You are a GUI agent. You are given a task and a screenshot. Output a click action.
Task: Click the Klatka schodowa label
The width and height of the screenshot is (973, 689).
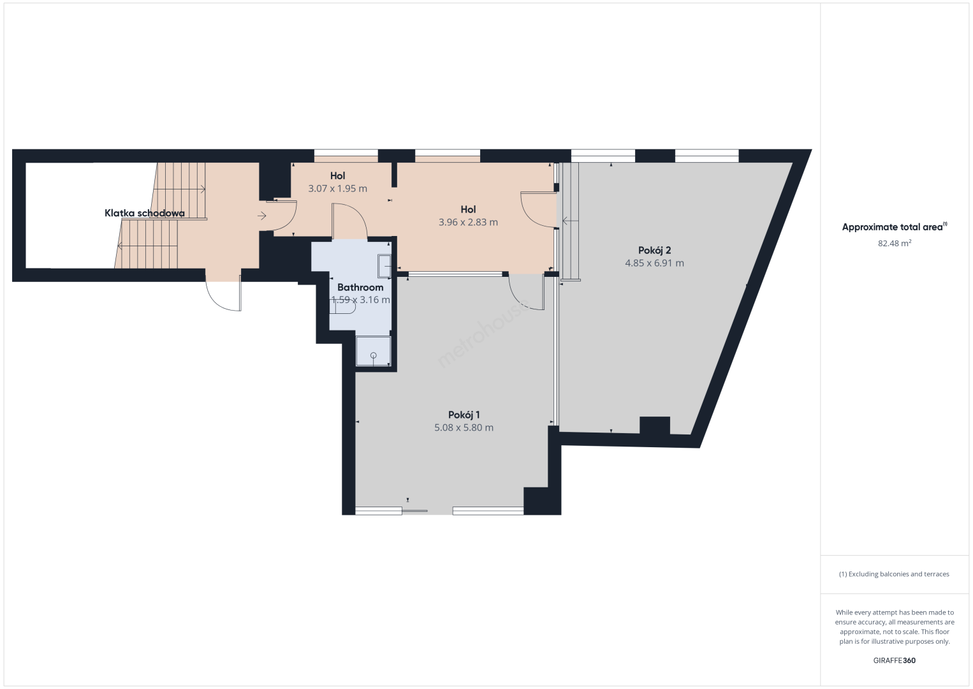[x=145, y=213]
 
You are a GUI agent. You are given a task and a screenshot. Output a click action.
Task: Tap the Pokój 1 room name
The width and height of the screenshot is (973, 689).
[x=464, y=415]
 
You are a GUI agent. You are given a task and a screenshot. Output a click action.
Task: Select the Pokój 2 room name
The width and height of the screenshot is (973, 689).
[x=655, y=250]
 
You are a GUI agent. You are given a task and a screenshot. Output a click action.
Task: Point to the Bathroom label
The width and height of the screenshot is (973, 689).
[x=360, y=287]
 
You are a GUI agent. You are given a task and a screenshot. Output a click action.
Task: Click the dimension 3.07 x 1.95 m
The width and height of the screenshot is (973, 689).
[x=337, y=189]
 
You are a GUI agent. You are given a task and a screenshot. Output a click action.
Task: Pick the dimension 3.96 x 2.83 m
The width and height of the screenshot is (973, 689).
[x=468, y=222]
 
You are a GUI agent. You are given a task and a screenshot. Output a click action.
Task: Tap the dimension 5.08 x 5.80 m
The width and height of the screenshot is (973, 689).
[x=464, y=427]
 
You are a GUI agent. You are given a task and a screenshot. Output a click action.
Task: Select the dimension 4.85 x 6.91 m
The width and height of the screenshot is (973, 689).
[x=655, y=263]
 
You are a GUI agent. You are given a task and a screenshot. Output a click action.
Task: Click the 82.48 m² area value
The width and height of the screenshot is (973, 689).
[x=895, y=243]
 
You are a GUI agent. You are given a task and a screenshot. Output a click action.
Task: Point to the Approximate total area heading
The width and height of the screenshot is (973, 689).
[x=895, y=227]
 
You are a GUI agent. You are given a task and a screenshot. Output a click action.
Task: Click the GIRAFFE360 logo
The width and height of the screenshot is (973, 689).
[x=895, y=660]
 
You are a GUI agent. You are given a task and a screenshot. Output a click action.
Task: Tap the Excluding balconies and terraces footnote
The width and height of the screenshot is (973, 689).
[x=895, y=574]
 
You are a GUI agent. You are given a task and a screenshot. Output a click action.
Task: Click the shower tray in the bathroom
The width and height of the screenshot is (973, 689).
[x=374, y=351]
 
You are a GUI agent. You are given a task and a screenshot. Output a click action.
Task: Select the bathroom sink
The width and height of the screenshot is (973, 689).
[x=384, y=265]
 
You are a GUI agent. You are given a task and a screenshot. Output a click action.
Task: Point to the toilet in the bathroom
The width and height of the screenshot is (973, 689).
[x=345, y=307]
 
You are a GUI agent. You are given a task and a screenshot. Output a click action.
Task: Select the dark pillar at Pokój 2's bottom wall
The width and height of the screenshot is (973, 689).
[x=655, y=426]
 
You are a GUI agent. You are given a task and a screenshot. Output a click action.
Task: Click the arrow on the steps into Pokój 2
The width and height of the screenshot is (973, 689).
[x=570, y=221]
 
